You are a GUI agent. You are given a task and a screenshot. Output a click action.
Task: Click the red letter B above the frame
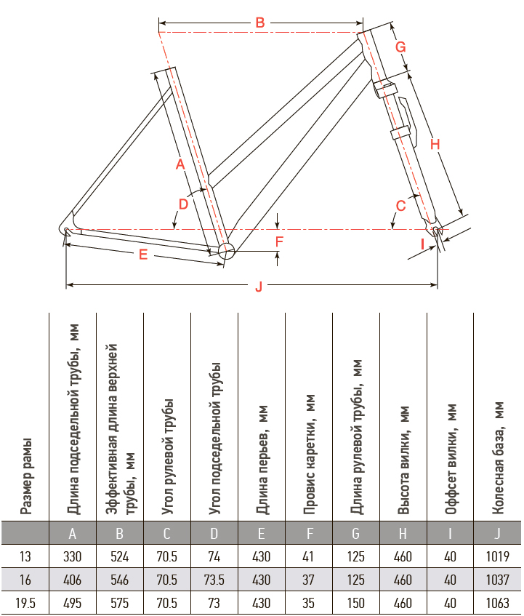[x=260, y=23]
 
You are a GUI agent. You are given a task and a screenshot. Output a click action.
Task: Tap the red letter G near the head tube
[x=400, y=47]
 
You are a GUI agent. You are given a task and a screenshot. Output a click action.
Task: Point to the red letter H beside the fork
[x=435, y=144]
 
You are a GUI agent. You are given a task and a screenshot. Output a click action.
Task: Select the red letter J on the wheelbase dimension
[x=259, y=287]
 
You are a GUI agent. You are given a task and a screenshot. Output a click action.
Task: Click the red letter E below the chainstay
[x=143, y=255]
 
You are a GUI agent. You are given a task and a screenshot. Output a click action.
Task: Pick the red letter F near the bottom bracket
[x=279, y=241]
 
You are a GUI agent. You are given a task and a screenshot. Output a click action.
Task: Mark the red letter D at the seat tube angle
[x=183, y=204]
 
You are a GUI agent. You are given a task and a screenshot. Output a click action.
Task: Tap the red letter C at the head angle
[x=400, y=206]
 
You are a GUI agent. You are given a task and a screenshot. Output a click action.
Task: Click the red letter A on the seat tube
[x=180, y=164]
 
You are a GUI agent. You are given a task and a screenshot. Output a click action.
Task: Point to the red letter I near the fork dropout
[x=423, y=244]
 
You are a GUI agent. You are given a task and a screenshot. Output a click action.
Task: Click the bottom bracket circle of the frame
[x=226, y=251]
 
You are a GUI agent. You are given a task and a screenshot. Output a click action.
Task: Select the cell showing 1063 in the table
[x=497, y=603]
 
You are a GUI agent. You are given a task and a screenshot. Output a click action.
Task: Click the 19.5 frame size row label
[x=25, y=603]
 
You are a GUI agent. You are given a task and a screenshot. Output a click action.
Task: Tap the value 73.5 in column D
[x=214, y=580]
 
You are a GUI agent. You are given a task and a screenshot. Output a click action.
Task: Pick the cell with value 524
[x=120, y=556]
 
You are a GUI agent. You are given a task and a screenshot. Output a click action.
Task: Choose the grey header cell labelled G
[x=355, y=533]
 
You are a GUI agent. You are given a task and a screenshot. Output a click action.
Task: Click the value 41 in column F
[x=308, y=556]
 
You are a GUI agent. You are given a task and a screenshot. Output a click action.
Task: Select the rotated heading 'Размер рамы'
[x=26, y=476]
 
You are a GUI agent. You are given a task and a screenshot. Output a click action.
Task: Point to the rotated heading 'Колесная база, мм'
[x=498, y=457]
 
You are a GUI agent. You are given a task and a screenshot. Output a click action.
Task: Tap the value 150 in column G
[x=355, y=603]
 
